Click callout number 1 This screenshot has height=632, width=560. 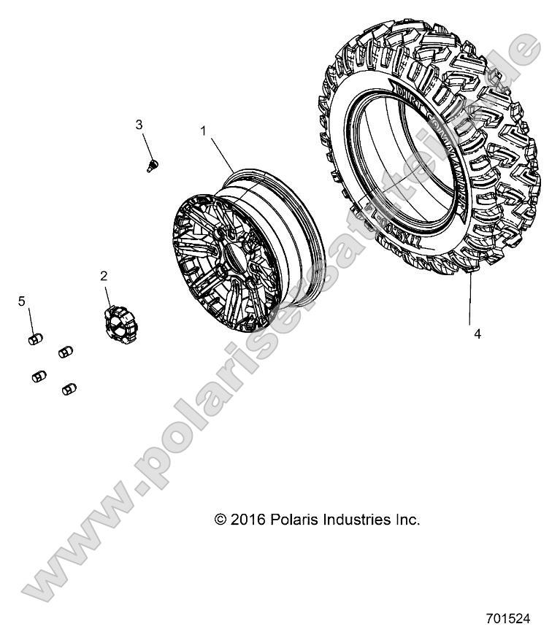coord(204,131)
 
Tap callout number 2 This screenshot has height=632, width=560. coord(104,275)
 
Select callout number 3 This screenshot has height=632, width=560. coord(139,125)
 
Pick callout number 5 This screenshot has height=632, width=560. coord(22,301)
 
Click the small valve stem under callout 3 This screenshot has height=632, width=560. coord(153,165)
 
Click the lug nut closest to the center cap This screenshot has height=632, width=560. coord(65,350)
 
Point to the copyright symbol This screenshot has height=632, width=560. coord(220,520)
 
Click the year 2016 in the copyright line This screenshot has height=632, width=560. coord(246,520)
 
